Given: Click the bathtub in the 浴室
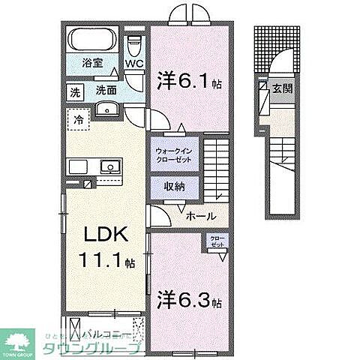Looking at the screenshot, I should [x=91, y=39].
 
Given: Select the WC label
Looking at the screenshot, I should [x=135, y=64].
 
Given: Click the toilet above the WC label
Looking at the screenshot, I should [x=135, y=43].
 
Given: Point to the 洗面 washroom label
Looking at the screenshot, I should [x=106, y=91].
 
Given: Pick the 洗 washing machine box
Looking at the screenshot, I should [x=74, y=94].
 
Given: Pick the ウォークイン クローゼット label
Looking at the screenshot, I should [x=173, y=155].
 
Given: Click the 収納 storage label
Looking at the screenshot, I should [x=175, y=187].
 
